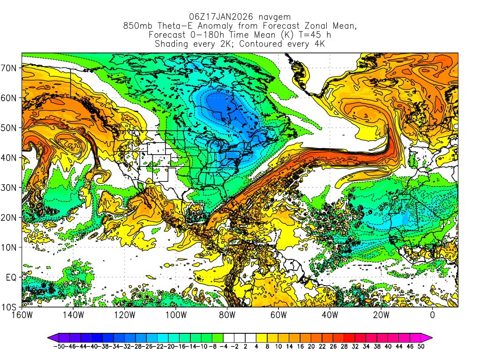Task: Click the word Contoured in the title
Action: pyautogui.click(x=247, y=44)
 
